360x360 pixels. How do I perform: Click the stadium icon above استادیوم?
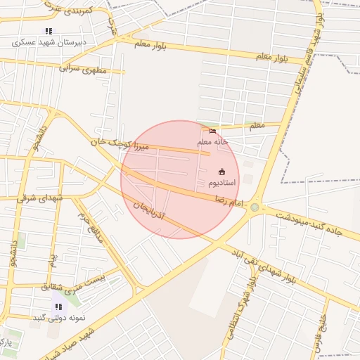[222, 172]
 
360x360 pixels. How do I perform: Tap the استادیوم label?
[222, 183]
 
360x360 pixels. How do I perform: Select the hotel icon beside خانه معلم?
[213, 130]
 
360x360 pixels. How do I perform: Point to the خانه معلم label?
[214, 141]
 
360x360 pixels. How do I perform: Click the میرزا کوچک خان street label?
[120, 146]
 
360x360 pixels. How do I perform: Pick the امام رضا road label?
[230, 201]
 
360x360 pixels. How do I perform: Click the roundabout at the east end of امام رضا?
[255, 207]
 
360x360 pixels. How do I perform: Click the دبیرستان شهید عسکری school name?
[49, 42]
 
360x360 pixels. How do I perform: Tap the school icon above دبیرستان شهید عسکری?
[49, 31]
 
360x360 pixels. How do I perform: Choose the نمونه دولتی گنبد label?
[58, 318]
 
